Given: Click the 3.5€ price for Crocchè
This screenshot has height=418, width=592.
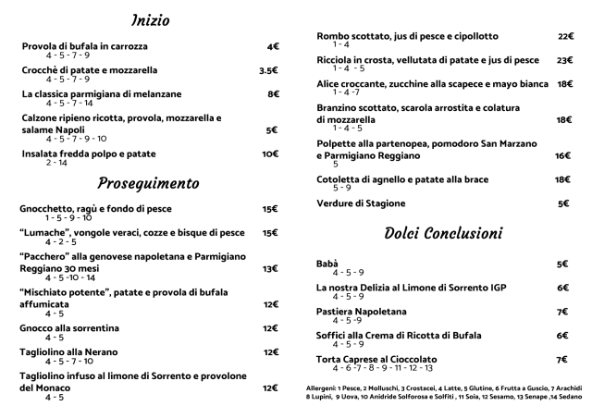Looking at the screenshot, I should [x=268, y=70].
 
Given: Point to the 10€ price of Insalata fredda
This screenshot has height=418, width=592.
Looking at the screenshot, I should [x=270, y=154].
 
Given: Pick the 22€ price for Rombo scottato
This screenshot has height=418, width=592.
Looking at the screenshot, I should [x=565, y=36].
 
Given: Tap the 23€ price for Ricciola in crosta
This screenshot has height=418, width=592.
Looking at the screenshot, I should [x=565, y=60].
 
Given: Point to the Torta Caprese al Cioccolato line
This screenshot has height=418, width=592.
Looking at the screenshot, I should [x=376, y=359].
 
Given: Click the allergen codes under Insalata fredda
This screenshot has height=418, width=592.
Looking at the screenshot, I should [x=55, y=163].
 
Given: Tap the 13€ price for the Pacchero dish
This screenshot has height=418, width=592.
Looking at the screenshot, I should [x=270, y=269].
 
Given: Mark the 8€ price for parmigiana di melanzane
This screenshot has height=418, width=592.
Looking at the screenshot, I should [x=273, y=94].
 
